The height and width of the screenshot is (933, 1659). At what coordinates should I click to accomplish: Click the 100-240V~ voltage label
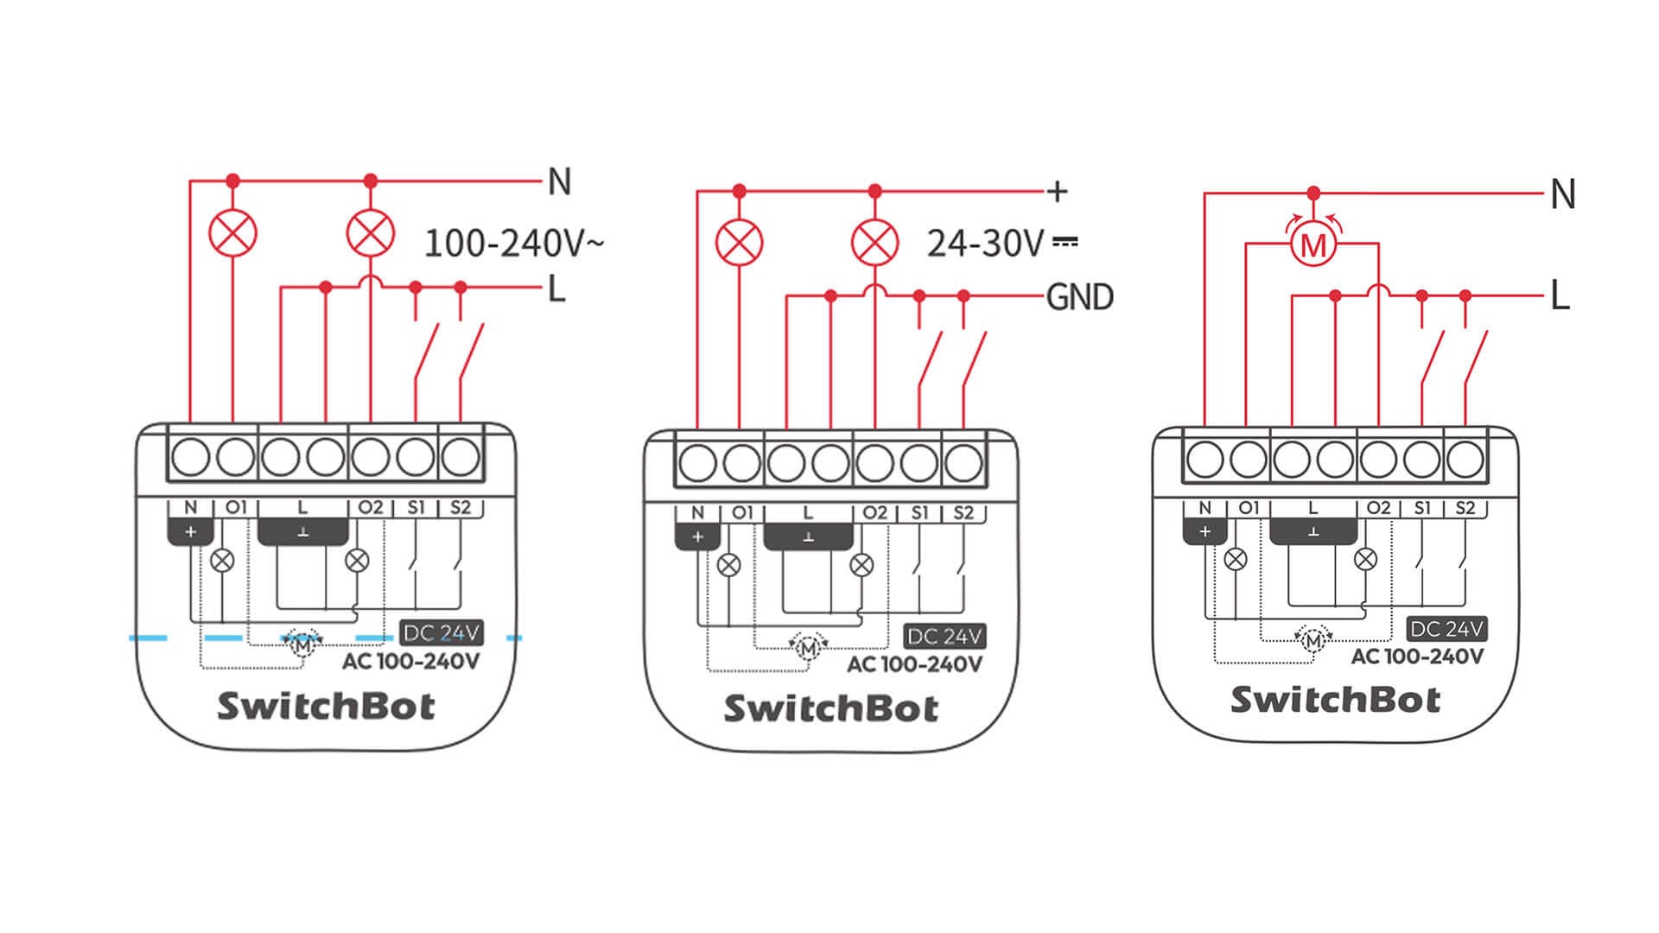coord(514,244)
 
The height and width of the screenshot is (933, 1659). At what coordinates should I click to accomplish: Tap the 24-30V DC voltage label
coord(1002,244)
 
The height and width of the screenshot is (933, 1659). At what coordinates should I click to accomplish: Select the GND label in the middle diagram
coord(1079,297)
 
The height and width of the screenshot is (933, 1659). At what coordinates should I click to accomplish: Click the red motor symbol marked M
coord(1313,246)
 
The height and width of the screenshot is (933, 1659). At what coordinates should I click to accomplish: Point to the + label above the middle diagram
coord(1057,191)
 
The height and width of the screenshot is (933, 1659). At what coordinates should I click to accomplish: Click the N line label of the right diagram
coord(1562,194)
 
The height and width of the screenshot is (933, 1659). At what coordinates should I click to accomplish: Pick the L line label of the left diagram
coord(557,289)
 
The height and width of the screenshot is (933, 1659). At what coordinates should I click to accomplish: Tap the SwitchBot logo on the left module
coord(326,706)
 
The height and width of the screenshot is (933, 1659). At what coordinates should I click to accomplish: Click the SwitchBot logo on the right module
coord(1336,699)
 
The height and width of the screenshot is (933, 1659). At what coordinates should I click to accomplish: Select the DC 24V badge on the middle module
coord(944,637)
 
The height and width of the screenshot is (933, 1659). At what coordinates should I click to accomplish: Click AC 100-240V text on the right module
coord(1417,657)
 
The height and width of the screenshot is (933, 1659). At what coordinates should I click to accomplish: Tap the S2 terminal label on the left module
coord(461,507)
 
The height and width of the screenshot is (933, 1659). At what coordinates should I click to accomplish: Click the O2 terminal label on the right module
coord(1378,508)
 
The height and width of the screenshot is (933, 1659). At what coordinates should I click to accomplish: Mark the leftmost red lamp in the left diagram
coord(233,233)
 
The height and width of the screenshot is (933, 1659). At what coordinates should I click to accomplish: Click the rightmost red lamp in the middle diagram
coord(874,242)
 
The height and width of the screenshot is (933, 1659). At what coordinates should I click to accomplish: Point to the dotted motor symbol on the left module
coord(302,644)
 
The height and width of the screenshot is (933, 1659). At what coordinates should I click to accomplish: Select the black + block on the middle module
coord(697,537)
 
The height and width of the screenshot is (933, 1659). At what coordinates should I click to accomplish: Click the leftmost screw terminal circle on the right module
coord(1205,460)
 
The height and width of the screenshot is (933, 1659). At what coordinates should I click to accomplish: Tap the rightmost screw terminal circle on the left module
coord(461,457)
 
